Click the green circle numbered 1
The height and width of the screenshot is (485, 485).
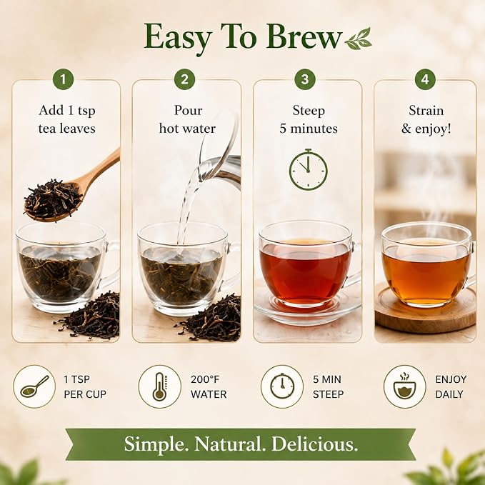63,79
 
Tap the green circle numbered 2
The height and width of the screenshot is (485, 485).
184,79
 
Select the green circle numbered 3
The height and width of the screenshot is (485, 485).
305,79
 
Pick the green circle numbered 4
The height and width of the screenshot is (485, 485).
425,79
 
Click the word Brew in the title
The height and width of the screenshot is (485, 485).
304,37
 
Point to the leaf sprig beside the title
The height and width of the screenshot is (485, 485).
358,39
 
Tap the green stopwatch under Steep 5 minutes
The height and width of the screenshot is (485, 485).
308,169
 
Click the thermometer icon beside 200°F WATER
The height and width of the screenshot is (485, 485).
159,386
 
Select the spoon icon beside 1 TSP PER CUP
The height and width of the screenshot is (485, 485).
34,386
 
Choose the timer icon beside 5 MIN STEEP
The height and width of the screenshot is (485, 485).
282,386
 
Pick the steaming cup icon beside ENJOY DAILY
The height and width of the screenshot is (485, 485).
404,386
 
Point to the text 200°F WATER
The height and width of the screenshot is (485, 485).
209,386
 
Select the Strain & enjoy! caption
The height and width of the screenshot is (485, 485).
426,119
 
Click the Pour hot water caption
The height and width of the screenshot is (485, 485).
187,119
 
